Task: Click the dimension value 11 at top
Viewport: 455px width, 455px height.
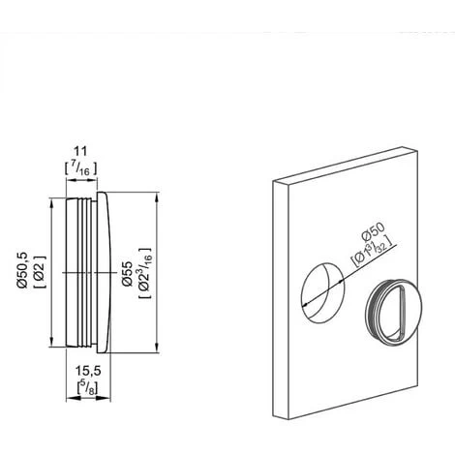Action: point(80,151)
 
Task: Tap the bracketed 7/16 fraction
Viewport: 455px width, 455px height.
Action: point(80,169)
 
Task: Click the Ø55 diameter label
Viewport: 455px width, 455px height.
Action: point(128,273)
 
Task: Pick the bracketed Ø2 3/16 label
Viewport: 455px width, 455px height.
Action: point(145,273)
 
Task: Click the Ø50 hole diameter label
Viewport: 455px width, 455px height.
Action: point(374,231)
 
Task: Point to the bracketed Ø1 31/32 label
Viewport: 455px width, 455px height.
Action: point(374,253)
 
